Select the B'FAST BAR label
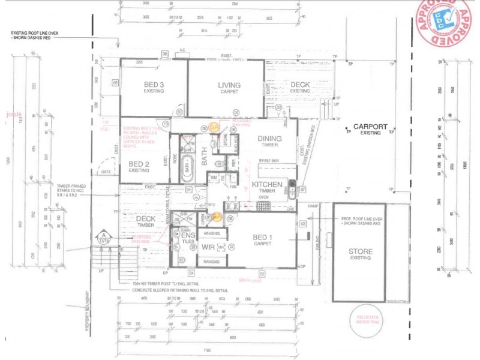coord(268,161)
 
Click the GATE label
coord(107,172)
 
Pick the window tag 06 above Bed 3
coord(164,53)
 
